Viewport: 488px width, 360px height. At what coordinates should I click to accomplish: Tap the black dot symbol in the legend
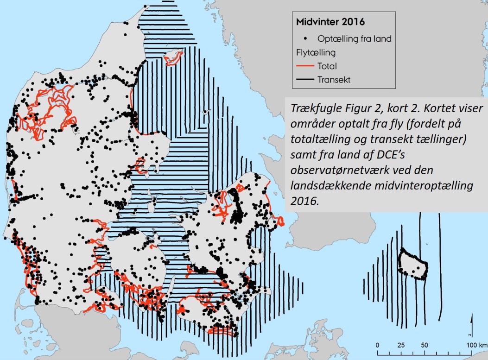306,39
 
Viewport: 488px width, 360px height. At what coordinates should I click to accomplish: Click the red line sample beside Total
304,66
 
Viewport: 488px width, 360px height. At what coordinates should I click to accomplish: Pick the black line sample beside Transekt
304,79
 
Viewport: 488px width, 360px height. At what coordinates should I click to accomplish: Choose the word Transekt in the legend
334,79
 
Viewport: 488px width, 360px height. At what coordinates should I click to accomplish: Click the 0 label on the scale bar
378,346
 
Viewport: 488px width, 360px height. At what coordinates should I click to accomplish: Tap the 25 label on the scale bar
401,346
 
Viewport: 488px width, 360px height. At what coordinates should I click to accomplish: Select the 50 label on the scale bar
425,346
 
